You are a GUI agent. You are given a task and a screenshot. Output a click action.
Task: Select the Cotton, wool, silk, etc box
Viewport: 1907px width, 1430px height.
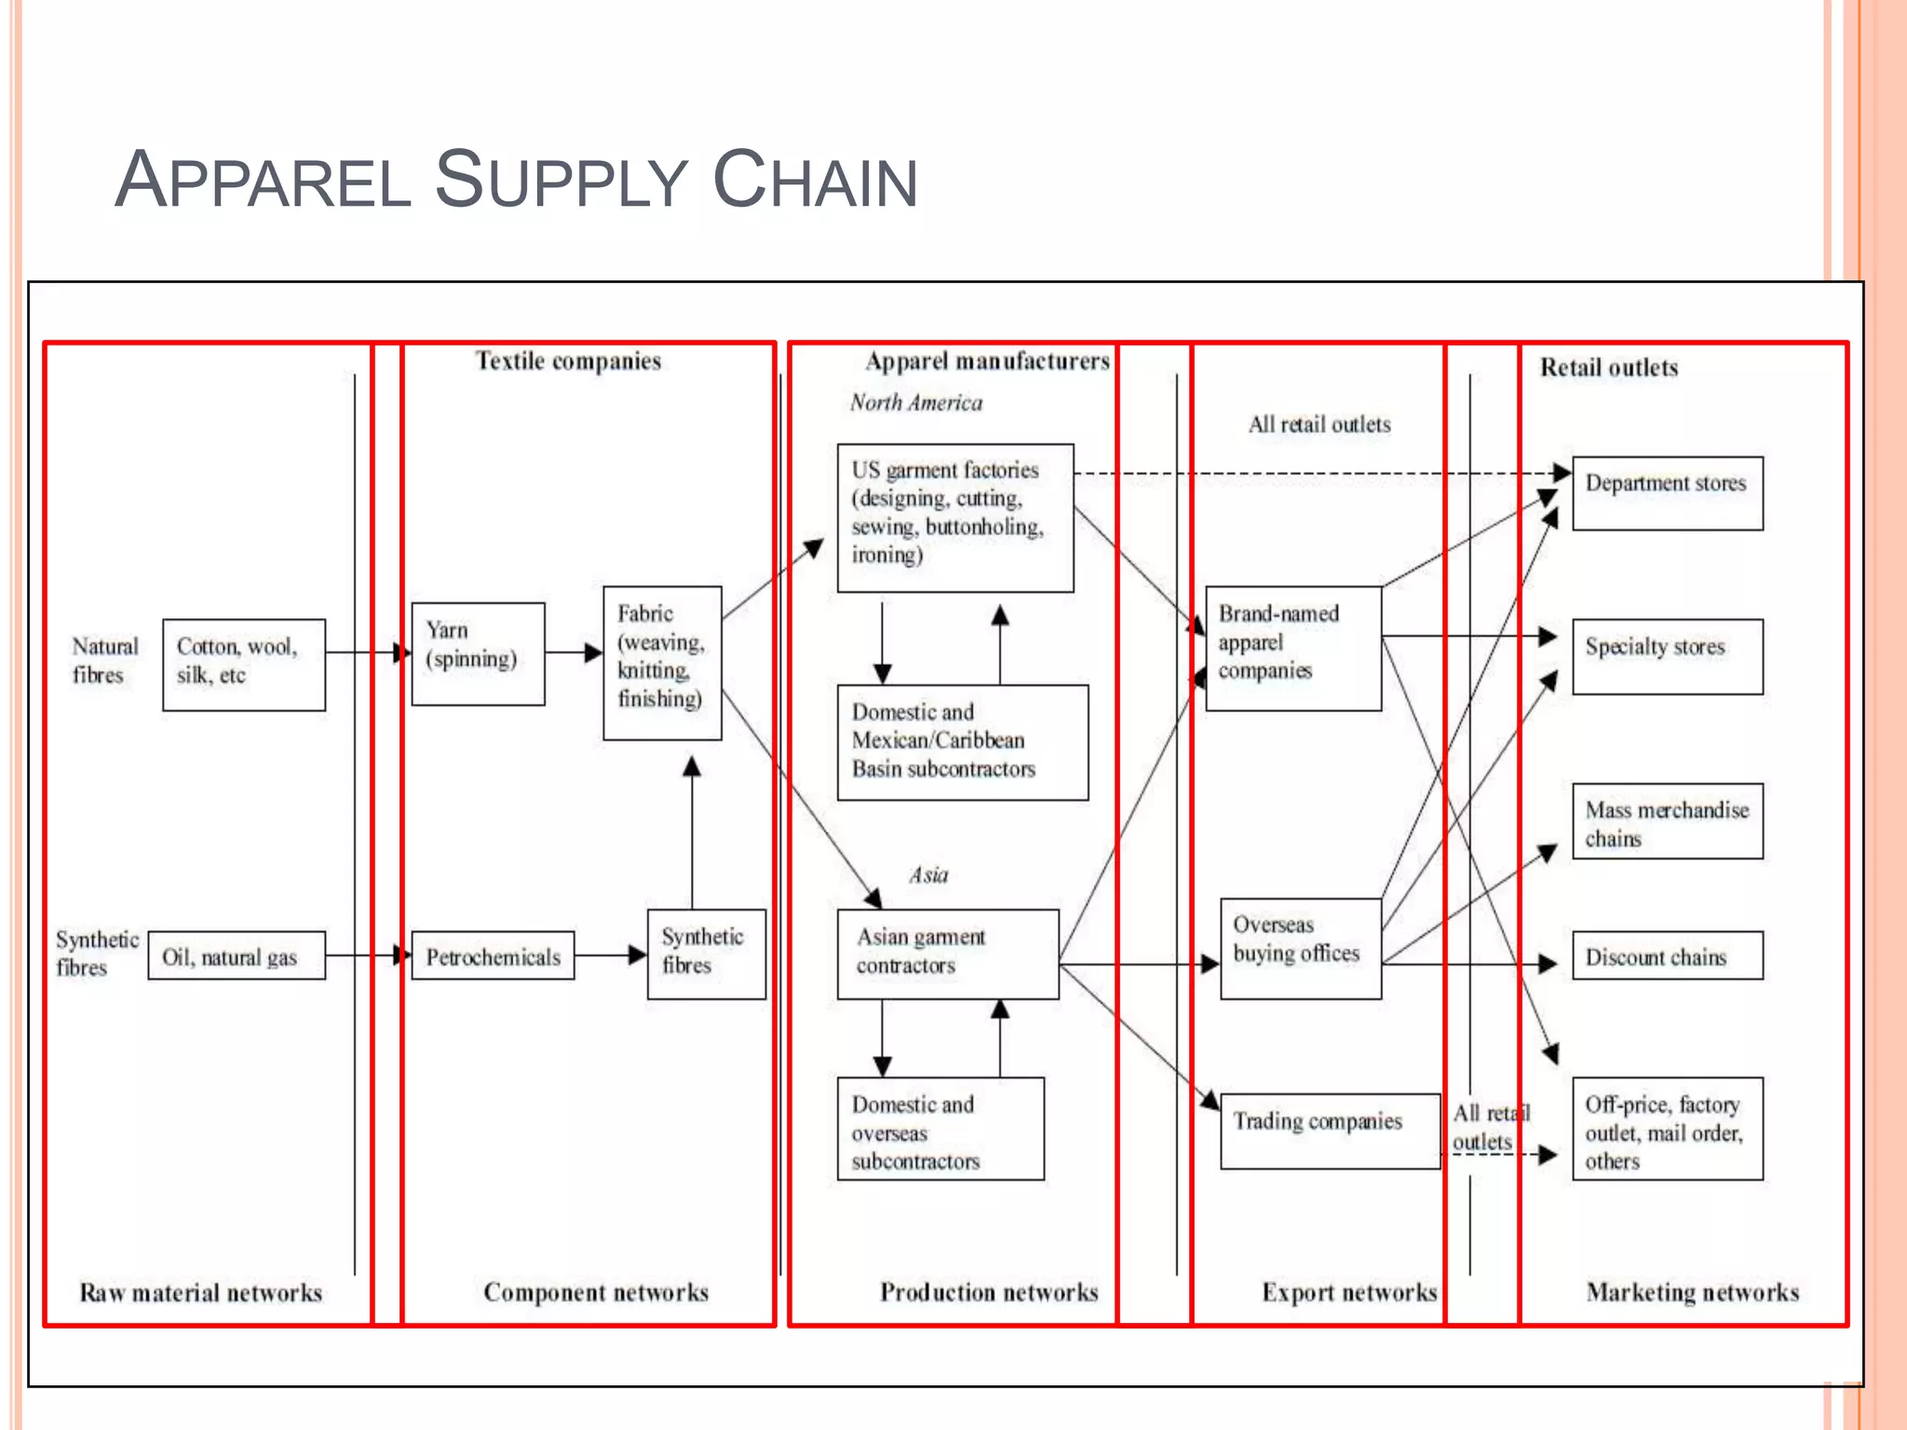[244, 665]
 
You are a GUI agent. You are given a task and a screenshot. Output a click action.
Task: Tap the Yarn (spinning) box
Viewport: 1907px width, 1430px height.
[478, 654]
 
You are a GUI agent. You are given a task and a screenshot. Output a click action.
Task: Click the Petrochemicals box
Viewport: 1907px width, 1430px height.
[493, 956]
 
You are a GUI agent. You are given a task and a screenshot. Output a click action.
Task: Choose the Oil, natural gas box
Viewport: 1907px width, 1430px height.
[237, 956]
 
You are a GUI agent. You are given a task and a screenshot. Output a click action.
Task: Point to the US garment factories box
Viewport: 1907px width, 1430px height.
[954, 518]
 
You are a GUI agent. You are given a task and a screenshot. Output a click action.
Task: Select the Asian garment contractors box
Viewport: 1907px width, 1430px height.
[947, 953]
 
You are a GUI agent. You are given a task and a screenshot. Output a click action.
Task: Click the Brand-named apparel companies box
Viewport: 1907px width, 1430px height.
[1292, 648]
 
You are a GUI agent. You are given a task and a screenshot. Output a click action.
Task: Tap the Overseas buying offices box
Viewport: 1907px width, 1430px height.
[1300, 948]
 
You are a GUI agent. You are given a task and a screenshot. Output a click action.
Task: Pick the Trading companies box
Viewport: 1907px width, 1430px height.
[1329, 1130]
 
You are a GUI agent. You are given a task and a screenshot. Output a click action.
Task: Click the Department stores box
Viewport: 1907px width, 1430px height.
[1667, 492]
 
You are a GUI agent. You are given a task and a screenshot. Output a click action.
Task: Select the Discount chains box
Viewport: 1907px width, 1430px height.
[1667, 956]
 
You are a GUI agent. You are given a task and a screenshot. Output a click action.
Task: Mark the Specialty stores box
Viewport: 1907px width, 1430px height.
[1667, 656]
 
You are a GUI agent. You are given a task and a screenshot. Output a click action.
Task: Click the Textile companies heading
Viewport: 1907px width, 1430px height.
[568, 361]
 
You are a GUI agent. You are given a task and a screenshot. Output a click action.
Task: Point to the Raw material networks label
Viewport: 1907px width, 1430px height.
[200, 1292]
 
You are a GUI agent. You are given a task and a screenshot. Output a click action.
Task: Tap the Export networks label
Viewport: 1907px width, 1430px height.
[1349, 1292]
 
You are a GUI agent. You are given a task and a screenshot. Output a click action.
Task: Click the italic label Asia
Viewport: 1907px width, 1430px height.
[928, 875]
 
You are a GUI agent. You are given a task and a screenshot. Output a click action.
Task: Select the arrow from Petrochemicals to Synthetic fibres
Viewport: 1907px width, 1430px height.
[610, 955]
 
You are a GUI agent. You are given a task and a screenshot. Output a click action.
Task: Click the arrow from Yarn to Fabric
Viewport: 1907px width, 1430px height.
[574, 653]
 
